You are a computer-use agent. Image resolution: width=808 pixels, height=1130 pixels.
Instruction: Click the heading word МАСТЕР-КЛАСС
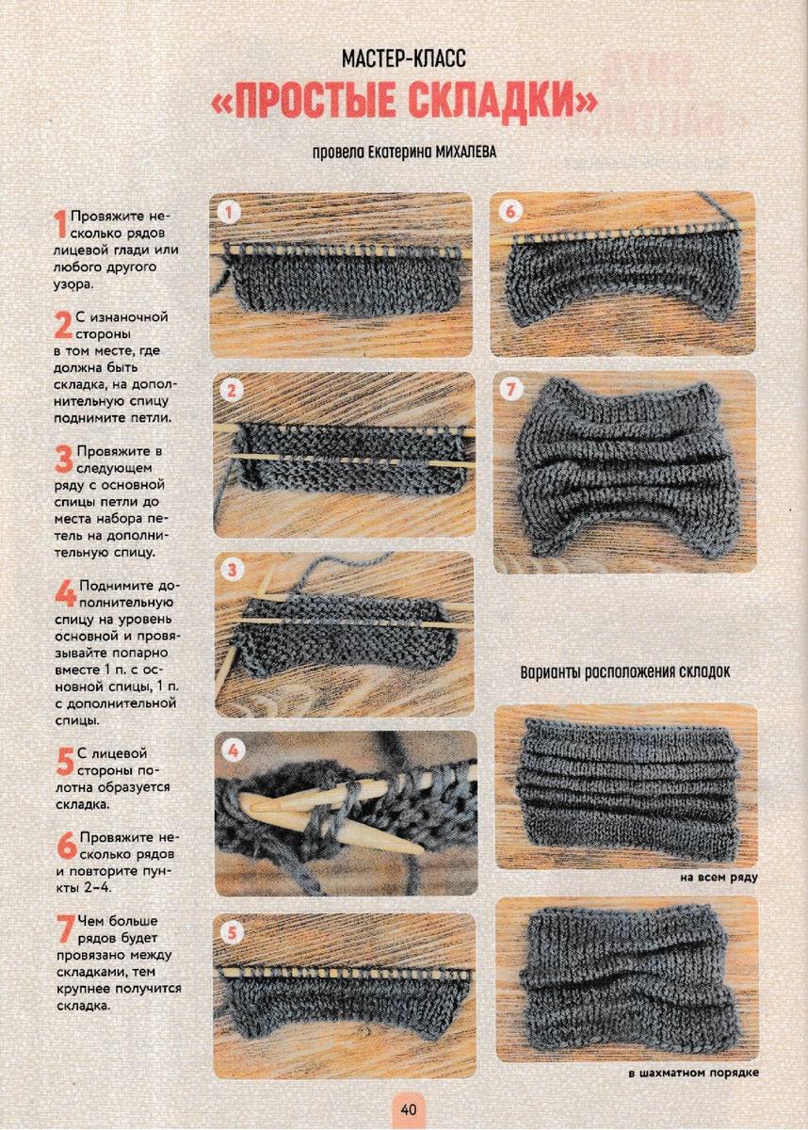pos(403,59)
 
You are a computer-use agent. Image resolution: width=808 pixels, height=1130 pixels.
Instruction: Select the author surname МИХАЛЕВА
pos(458,152)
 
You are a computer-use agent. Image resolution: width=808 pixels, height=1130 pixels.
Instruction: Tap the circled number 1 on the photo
pos(230,213)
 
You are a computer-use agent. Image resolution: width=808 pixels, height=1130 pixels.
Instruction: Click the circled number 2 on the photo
pos(232,391)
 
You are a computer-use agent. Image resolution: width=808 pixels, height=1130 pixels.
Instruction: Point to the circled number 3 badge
pos(232,571)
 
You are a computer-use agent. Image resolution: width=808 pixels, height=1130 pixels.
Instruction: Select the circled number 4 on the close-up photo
pos(233,751)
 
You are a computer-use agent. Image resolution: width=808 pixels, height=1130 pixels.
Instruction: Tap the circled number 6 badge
pos(511,212)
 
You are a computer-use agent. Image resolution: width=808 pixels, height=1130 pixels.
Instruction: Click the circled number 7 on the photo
pos(511,390)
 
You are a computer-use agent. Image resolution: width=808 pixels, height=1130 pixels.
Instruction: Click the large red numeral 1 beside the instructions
pos(60,224)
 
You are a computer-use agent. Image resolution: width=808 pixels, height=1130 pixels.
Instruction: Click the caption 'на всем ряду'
pos(719,878)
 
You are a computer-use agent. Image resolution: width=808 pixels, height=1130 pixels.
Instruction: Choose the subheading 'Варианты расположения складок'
pos(625,672)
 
